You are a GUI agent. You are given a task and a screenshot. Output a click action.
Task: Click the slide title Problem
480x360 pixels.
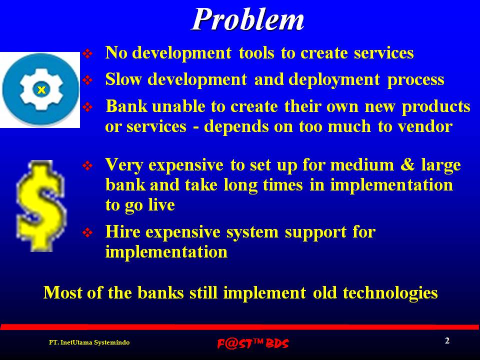247,19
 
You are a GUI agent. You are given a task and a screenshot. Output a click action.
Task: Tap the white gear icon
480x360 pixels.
41,89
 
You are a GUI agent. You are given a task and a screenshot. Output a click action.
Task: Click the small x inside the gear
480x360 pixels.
41,89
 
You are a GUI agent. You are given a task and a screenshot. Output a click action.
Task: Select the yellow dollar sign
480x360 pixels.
41,205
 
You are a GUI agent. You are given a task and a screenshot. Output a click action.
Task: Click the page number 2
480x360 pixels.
447,340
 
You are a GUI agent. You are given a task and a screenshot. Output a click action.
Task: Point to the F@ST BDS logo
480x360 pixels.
253,343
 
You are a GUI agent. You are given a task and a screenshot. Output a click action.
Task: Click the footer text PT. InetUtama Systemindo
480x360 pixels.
89,342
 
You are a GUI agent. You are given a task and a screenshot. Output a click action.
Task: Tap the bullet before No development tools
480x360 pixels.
87,54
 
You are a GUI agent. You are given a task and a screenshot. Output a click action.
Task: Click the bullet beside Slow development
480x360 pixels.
87,80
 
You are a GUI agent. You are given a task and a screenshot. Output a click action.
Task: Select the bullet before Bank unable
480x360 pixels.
87,107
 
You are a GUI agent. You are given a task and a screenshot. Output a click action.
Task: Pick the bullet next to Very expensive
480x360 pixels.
87,165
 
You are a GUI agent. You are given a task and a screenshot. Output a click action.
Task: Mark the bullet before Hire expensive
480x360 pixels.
87,232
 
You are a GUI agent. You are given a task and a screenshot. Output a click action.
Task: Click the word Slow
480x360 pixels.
123,79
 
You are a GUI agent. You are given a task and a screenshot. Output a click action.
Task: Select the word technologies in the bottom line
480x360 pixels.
390,293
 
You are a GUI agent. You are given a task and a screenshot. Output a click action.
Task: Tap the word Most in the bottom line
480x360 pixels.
63,292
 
